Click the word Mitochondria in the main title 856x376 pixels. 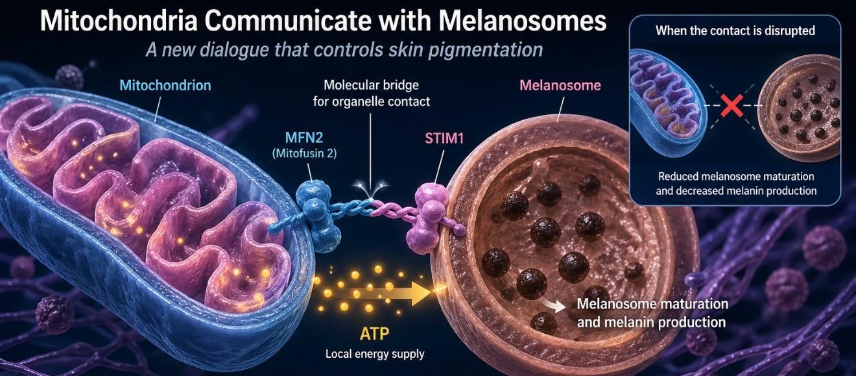point(119,21)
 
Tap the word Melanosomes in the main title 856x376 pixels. point(522,21)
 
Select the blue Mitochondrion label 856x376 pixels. point(165,85)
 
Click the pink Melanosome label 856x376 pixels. point(560,85)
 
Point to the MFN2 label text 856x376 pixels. point(304,137)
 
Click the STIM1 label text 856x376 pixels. point(444,138)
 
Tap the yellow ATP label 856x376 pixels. point(375,334)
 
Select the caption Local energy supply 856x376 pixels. point(375,354)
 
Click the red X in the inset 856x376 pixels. point(731,106)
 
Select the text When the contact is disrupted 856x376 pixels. point(735,31)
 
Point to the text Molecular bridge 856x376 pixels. point(371,85)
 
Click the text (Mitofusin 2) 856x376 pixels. point(304,154)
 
